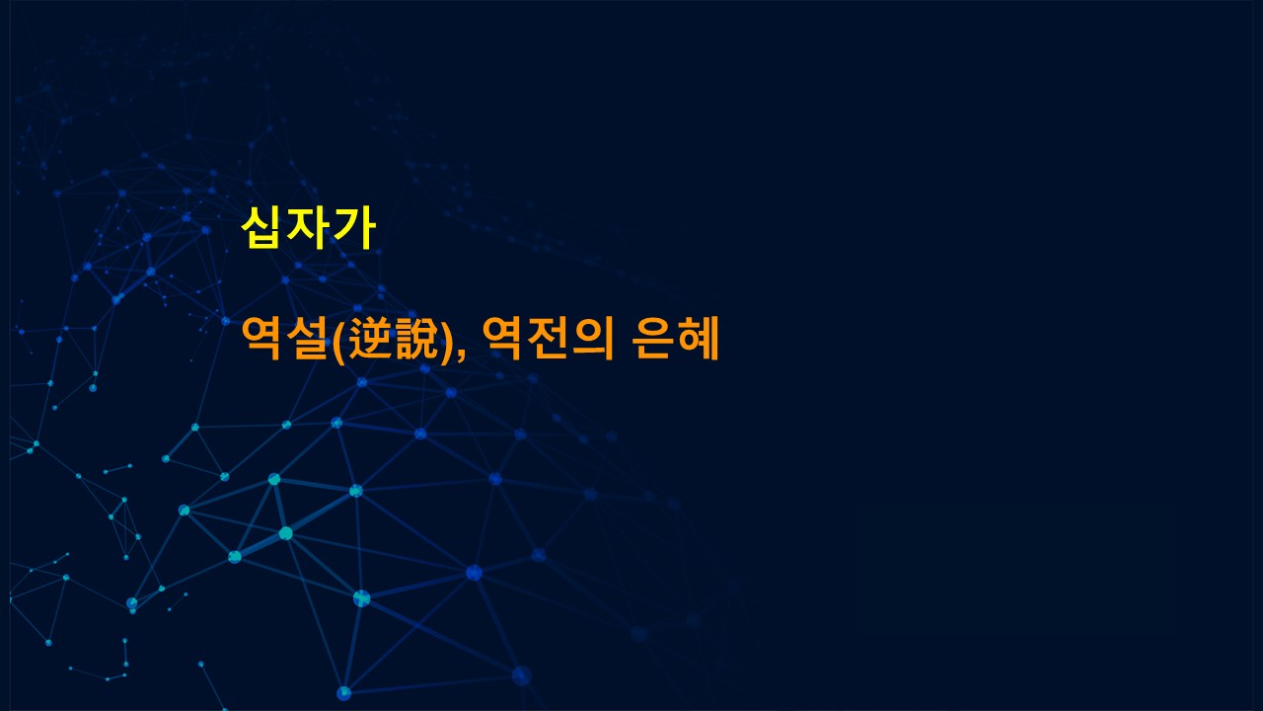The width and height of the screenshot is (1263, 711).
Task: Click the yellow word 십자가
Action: click(309, 228)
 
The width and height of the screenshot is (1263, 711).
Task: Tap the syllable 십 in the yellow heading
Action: click(261, 228)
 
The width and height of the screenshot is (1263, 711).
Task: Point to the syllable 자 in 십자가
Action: click(308, 228)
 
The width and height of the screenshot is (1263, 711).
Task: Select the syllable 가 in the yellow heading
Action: click(354, 228)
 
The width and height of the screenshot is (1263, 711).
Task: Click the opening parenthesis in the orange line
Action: click(339, 339)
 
